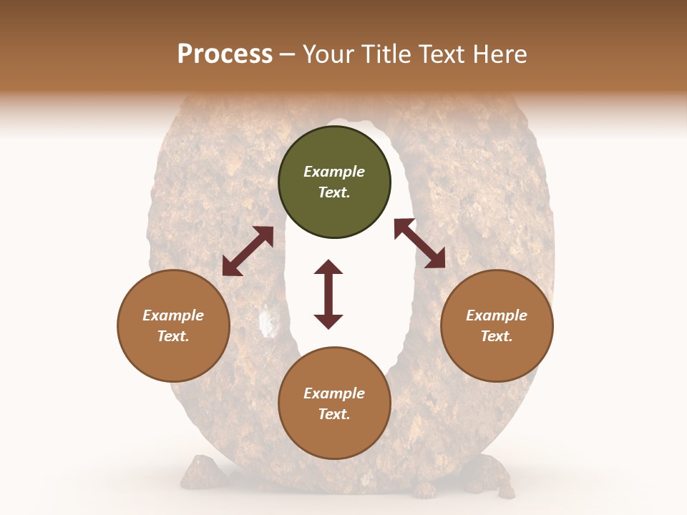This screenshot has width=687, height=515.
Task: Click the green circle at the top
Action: click(334, 182)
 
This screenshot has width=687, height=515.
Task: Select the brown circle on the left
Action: click(173, 325)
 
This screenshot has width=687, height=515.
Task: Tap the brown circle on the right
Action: click(497, 325)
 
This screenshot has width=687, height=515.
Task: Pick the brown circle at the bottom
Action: click(334, 403)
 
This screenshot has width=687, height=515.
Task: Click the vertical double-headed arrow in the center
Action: click(328, 294)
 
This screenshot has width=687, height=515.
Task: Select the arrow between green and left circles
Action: click(248, 251)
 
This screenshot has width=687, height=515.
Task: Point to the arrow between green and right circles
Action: click(419, 243)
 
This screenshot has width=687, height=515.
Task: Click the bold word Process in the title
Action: click(225, 54)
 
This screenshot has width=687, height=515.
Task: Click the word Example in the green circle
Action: click(334, 172)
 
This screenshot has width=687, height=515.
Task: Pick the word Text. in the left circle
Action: click(173, 336)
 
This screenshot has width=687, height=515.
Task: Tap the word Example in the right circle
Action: click(497, 315)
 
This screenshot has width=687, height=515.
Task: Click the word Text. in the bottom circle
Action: click(334, 414)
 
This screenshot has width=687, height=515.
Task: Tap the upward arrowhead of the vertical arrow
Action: click(328, 267)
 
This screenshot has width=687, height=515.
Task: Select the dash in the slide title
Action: click(288, 54)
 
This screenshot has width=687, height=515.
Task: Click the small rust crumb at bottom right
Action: click(506, 491)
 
